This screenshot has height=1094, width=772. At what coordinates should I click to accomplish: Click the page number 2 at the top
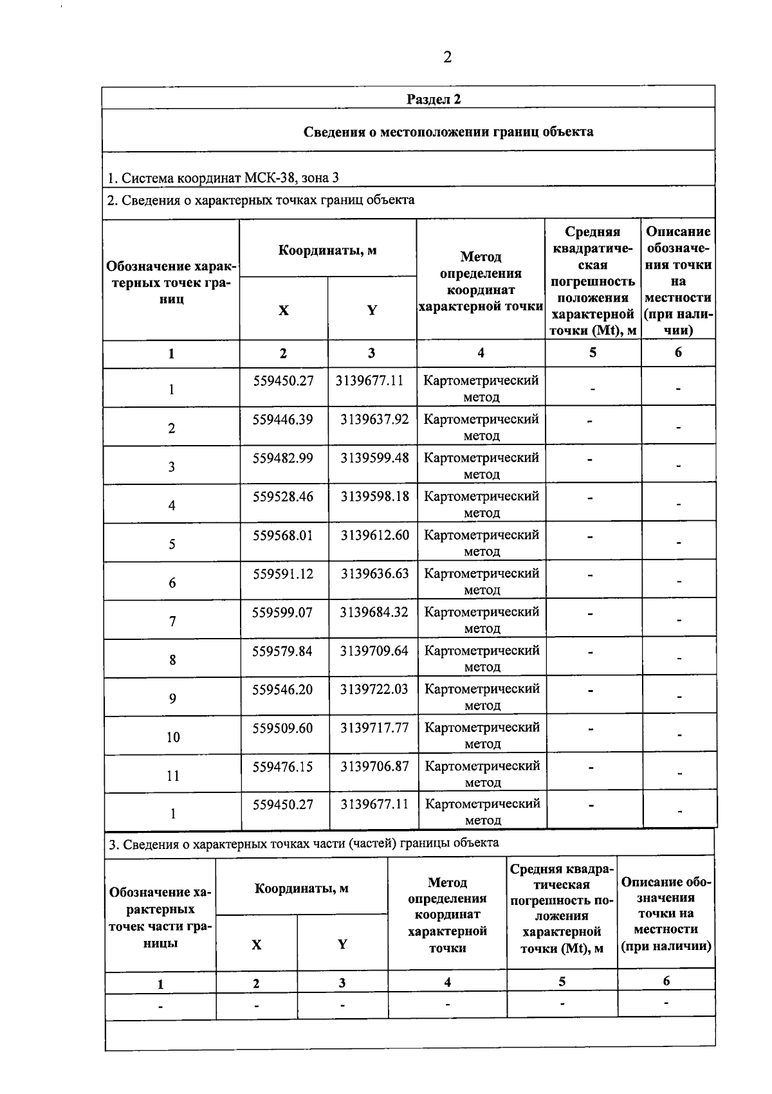447,57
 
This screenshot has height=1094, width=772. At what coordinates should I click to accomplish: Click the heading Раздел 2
434,99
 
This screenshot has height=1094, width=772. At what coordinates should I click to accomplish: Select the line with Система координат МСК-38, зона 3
223,178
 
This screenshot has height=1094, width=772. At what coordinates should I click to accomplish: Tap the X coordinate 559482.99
282,458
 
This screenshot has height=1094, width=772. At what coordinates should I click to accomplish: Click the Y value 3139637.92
374,419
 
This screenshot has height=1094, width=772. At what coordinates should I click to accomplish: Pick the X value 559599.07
282,612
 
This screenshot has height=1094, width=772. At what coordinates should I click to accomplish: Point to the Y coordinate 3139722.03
374,689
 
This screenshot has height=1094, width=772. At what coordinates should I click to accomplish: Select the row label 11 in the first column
173,776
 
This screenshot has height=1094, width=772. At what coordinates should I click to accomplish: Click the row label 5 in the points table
172,544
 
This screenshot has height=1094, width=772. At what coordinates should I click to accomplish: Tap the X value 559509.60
282,728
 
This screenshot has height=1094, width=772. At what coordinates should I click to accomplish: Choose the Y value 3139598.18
374,497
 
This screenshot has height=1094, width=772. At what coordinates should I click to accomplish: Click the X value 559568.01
282,535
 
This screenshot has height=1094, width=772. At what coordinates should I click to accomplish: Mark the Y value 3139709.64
374,651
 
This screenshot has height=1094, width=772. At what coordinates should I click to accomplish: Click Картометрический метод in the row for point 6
481,581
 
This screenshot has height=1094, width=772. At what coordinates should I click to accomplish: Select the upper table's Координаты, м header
327,250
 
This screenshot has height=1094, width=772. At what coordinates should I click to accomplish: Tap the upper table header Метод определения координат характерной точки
481,282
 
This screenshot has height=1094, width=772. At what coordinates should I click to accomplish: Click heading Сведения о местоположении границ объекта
448,132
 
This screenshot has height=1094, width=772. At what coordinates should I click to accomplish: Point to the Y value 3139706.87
374,766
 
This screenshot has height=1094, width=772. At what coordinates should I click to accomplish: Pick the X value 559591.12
282,574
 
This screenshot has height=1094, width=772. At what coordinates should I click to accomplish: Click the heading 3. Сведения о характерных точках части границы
302,843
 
